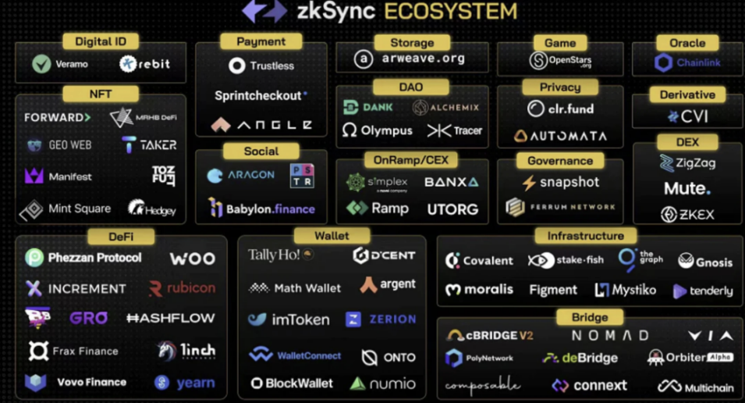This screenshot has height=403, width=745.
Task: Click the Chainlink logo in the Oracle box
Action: pyautogui.click(x=664, y=62)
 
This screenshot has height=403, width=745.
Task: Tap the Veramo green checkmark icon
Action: pyautogui.click(x=42, y=64)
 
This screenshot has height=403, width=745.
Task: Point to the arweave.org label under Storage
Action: pyautogui.click(x=424, y=59)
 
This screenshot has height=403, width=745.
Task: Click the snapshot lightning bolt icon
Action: pyautogui.click(x=529, y=183)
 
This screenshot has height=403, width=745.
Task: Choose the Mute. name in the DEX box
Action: pyautogui.click(x=687, y=188)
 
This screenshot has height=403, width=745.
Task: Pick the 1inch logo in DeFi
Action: pyautogui.click(x=166, y=351)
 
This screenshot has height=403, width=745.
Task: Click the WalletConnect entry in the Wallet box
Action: pyautogui.click(x=296, y=355)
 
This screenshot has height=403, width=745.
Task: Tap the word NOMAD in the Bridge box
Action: pyautogui.click(x=610, y=336)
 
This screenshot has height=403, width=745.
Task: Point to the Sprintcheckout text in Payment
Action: pyautogui.click(x=259, y=95)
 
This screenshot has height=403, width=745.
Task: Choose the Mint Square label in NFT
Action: pyautogui.click(x=80, y=209)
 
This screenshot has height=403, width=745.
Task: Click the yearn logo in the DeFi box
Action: pyautogui.click(x=162, y=383)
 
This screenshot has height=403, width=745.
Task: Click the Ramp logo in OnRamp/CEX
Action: pyautogui.click(x=357, y=209)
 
